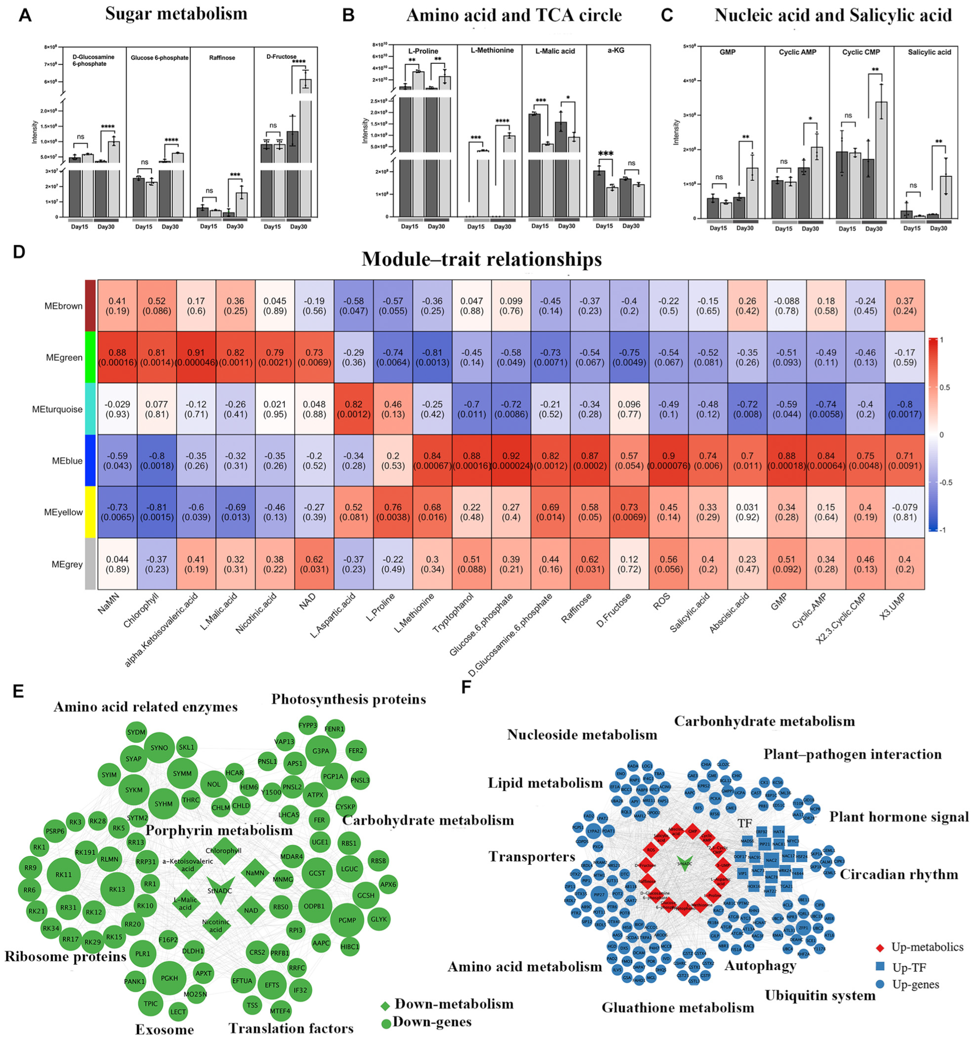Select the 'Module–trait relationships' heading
click(x=481, y=259)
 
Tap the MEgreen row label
click(x=64, y=358)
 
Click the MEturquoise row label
click(x=57, y=409)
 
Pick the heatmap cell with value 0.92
click(x=511, y=461)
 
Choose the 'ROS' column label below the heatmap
click(x=662, y=601)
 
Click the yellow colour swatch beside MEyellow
click(x=90, y=512)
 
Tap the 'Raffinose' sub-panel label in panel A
click(x=222, y=57)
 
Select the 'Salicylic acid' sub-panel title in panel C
click(x=929, y=52)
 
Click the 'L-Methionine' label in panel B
click(x=492, y=51)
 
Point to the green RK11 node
click(x=63, y=875)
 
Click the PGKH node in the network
click(x=169, y=978)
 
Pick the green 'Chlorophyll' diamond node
click(x=224, y=851)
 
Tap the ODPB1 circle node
click(x=314, y=906)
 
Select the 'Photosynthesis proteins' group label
click(x=349, y=699)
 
